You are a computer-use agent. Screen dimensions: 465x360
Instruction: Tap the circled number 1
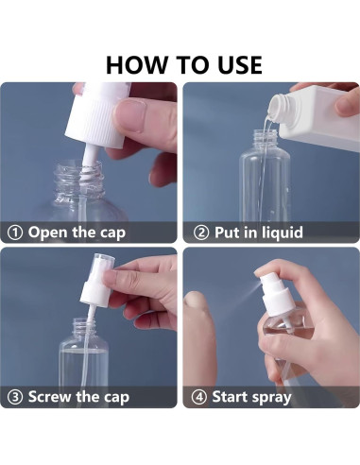(x=15, y=232)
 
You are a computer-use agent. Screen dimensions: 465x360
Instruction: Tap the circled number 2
(x=200, y=232)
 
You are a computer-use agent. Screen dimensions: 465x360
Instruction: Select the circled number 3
(x=15, y=396)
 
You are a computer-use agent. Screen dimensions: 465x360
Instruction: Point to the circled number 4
(x=200, y=396)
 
